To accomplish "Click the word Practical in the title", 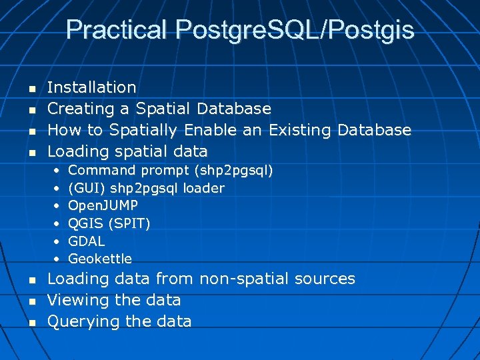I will coord(117,30).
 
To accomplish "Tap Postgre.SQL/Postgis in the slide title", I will coord(295,30).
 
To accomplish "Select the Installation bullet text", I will coord(92,87).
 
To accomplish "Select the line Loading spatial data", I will coord(127,151).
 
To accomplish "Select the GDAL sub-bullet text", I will coord(87,241).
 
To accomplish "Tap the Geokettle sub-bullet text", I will coord(100,259).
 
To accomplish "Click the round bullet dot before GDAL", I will coord(57,241).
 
